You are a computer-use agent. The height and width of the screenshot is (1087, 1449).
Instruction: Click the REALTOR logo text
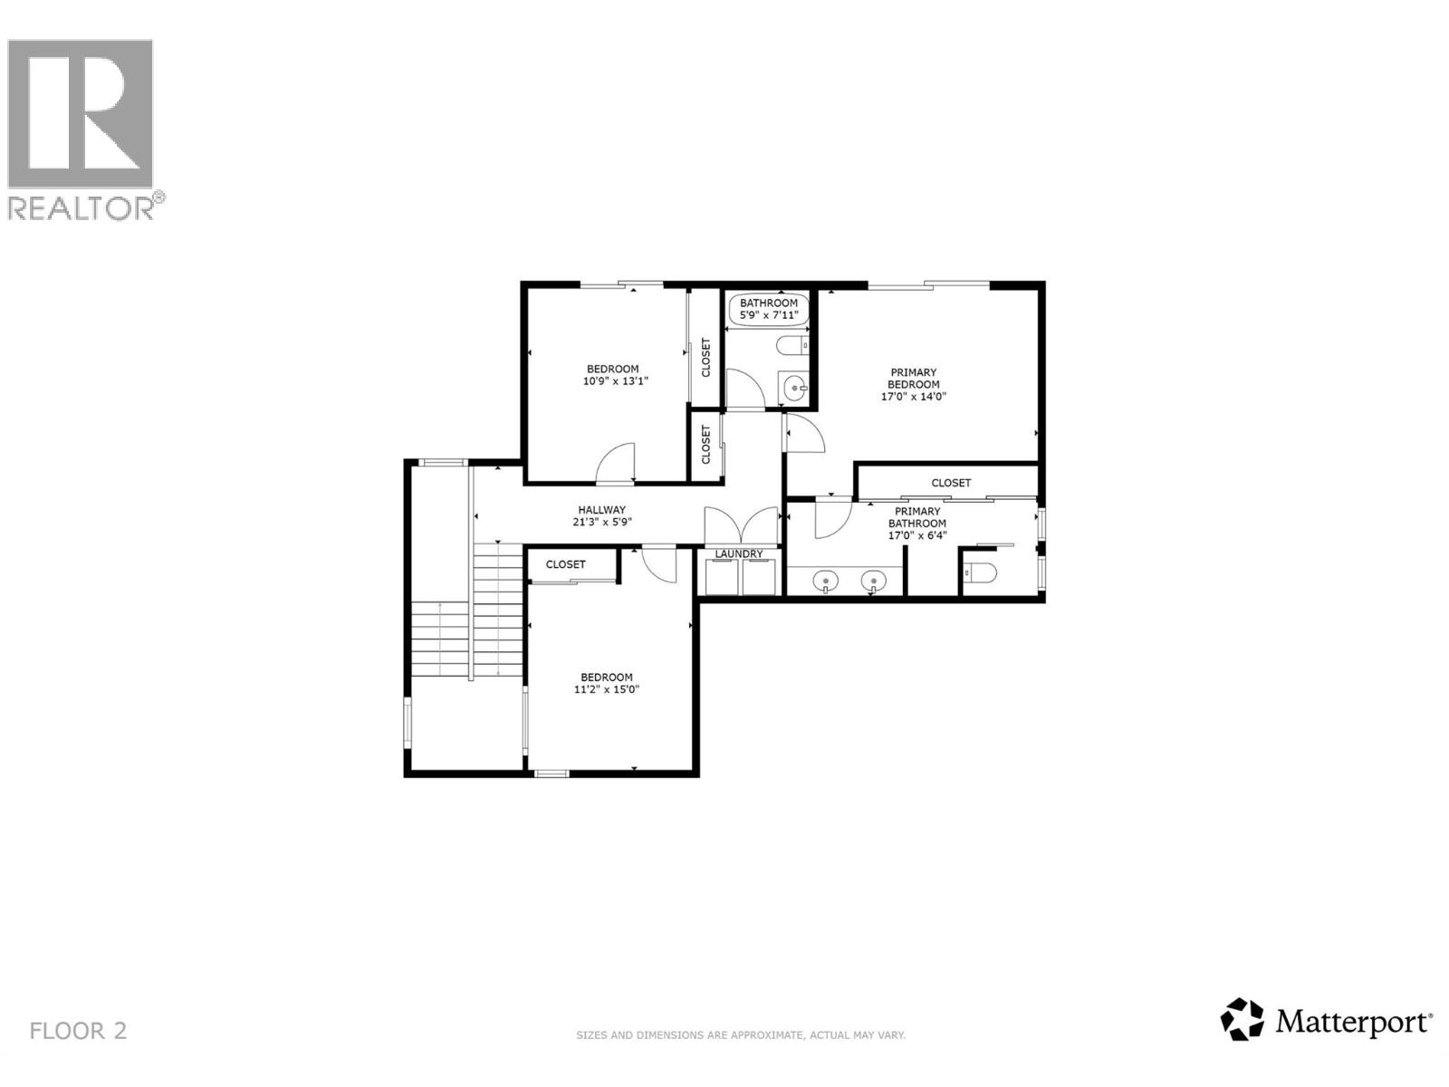pyautogui.click(x=86, y=207)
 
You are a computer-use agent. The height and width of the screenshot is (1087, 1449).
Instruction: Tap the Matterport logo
pyautogui.click(x=1327, y=1022)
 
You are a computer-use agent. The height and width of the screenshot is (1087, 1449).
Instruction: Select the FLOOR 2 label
pyautogui.click(x=78, y=1030)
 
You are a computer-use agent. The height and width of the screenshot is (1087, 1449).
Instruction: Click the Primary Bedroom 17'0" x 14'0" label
pyautogui.click(x=914, y=384)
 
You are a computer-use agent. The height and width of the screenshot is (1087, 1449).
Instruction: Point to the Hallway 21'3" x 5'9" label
pyautogui.click(x=601, y=515)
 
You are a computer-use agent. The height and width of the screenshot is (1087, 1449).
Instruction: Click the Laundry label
pyautogui.click(x=739, y=553)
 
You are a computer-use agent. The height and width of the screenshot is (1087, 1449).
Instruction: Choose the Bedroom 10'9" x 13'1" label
pyautogui.click(x=612, y=375)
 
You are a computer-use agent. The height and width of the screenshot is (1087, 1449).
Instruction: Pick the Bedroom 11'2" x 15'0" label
pyautogui.click(x=607, y=683)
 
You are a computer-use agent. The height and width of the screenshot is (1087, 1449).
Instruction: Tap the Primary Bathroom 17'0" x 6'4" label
pyautogui.click(x=916, y=524)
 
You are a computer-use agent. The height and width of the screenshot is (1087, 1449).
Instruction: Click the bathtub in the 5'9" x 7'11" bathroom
pyautogui.click(x=768, y=309)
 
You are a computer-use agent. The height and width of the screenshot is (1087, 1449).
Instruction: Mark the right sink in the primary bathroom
pyautogui.click(x=873, y=580)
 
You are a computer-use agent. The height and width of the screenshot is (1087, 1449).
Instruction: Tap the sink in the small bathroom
pyautogui.click(x=794, y=390)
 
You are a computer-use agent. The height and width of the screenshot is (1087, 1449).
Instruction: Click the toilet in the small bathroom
pyautogui.click(x=793, y=345)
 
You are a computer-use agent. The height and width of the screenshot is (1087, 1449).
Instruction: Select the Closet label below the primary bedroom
pyautogui.click(x=951, y=483)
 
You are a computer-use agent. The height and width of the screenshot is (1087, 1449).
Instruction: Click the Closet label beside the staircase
pyautogui.click(x=565, y=564)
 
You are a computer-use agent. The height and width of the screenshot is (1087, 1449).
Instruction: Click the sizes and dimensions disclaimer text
pyautogui.click(x=741, y=1034)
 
